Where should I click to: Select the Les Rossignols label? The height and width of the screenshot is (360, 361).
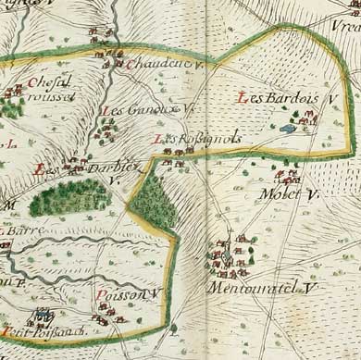click(198, 139)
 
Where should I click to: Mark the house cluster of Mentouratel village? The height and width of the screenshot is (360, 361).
click(228, 259)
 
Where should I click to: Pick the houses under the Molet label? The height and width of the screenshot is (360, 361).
click(288, 175)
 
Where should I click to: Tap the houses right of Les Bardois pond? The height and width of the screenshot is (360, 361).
click(305, 118)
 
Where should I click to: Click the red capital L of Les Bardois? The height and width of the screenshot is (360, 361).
click(243, 98)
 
